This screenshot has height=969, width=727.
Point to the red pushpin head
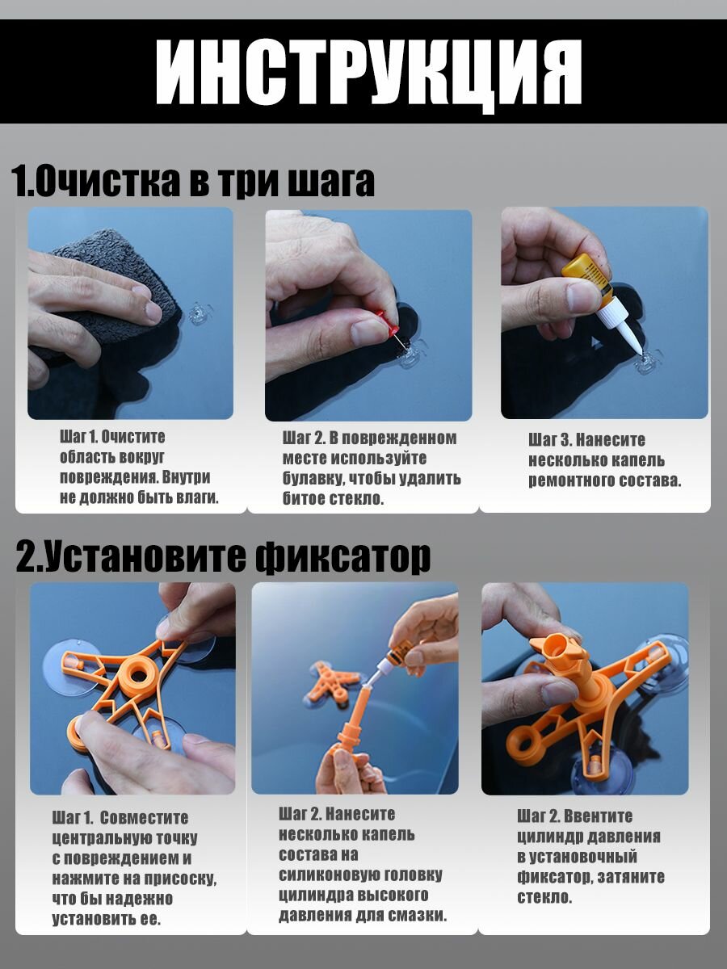tap(388, 322)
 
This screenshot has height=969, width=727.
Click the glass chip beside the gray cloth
tap(200, 313)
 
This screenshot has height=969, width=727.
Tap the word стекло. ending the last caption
tap(544, 897)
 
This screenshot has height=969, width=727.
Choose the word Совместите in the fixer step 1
tap(144, 818)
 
